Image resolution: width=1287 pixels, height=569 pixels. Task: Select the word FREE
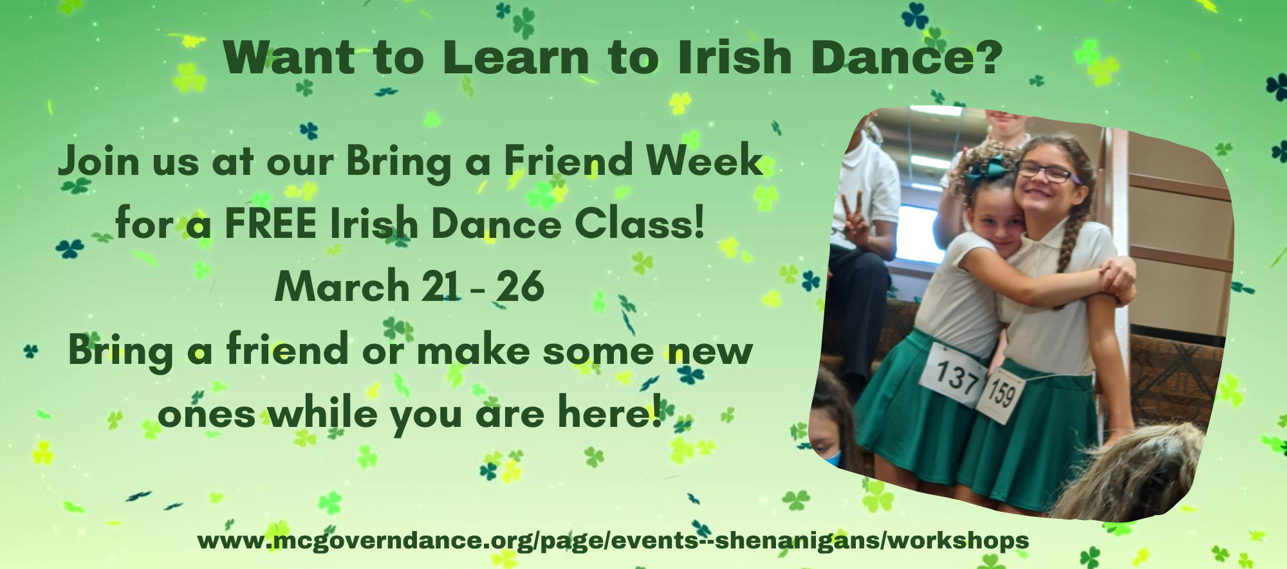tap(270, 224)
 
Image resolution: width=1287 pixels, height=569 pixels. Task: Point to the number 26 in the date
tap(521, 286)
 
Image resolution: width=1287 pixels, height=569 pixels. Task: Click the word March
tap(342, 286)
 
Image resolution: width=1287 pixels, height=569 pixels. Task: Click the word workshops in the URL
tap(959, 540)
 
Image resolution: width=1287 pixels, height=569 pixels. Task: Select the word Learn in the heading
tap(515, 57)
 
